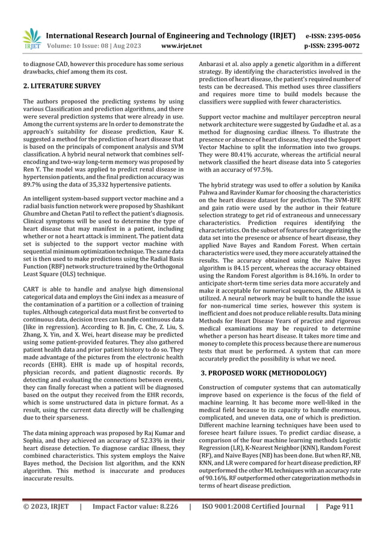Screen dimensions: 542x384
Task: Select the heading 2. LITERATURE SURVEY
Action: click(x=62, y=86)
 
